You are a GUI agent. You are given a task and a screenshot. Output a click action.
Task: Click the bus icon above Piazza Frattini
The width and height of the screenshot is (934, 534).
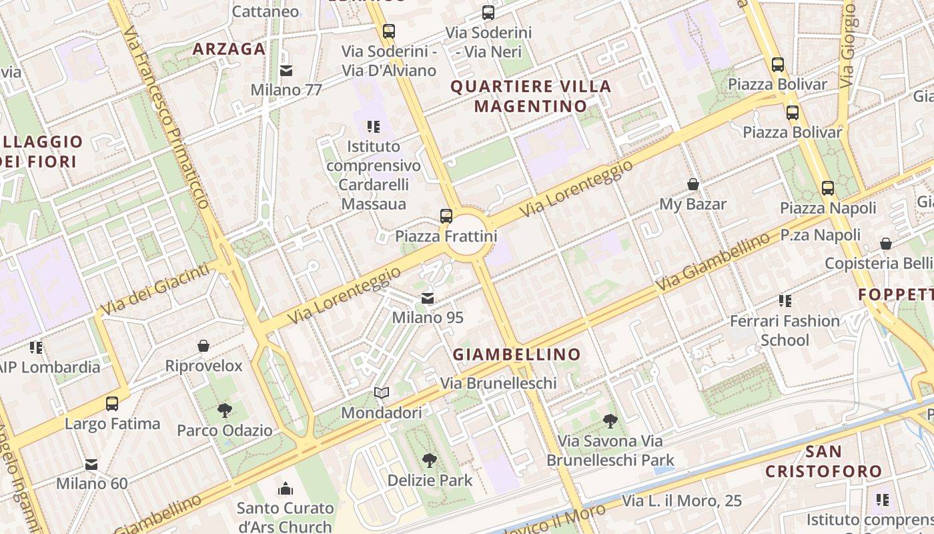[446, 216]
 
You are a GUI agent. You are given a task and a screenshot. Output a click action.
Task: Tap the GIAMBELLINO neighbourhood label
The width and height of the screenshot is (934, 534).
[517, 354]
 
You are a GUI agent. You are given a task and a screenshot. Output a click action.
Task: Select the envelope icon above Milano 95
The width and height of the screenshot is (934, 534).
[427, 298]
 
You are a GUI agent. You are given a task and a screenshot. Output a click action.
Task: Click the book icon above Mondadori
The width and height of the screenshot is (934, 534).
[381, 394]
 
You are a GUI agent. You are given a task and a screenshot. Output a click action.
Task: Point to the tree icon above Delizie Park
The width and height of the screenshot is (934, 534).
[430, 460]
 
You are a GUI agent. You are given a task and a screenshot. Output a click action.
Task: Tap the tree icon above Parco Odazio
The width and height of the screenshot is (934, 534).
[224, 410]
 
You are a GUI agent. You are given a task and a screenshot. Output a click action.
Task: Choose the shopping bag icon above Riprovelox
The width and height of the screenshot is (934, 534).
[203, 346]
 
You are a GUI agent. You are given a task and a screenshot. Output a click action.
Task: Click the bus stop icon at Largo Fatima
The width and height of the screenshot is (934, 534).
[112, 404]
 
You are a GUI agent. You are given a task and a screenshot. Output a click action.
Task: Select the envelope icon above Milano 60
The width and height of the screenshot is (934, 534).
[91, 464]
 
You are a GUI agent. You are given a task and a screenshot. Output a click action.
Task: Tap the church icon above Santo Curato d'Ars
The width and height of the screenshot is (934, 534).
[286, 489]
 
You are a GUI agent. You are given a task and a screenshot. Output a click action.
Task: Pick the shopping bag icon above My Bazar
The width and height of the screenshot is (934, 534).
[693, 184]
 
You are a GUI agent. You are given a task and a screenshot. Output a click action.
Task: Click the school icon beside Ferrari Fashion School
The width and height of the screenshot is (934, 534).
[785, 301]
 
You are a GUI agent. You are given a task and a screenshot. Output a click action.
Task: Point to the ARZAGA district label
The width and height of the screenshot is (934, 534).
[229, 49]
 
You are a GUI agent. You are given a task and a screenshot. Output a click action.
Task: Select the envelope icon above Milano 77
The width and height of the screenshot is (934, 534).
[286, 71]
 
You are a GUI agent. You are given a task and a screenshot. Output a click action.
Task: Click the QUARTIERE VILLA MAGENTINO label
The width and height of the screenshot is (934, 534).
[531, 96]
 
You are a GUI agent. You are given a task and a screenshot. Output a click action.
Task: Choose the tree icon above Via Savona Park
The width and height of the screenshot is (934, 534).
[610, 421]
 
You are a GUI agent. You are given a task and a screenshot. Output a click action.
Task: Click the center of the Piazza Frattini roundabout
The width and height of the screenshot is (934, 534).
[466, 235]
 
